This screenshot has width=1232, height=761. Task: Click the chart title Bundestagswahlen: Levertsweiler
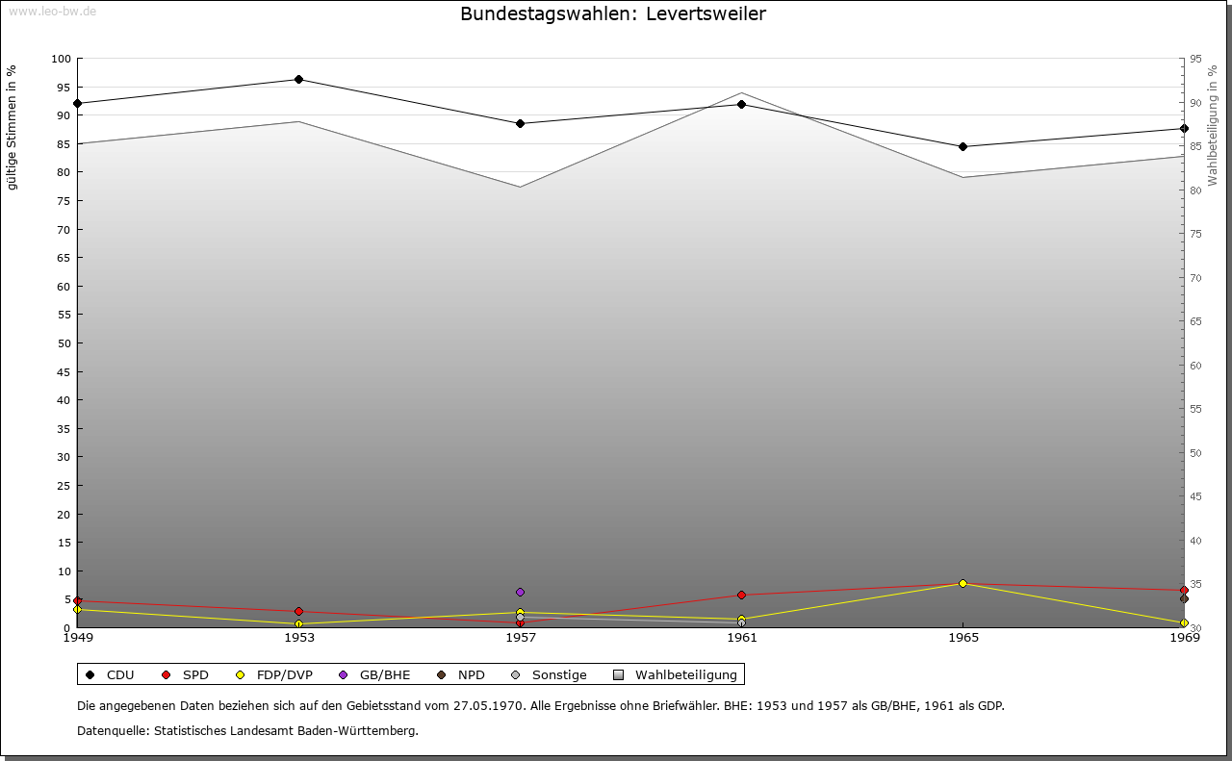613,14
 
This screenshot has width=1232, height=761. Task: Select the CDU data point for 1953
298,79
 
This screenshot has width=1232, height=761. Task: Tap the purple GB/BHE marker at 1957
520,592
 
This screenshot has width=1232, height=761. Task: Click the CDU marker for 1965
962,146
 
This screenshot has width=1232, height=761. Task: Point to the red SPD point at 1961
741,595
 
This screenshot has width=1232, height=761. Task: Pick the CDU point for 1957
520,123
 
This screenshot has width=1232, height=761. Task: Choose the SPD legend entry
194,674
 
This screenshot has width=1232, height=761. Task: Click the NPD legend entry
470,674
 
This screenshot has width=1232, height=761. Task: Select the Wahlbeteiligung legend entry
684,674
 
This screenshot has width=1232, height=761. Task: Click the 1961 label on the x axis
741,637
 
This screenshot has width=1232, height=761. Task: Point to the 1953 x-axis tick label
298,637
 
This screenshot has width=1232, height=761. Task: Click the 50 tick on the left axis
64,343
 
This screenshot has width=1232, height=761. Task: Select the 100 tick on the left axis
61,59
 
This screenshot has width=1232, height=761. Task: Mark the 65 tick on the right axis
1194,321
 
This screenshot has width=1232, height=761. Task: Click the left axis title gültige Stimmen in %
13,127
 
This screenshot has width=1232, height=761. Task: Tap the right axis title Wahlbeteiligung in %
1213,126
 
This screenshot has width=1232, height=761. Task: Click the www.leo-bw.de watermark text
52,11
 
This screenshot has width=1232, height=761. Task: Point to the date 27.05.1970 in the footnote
488,705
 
